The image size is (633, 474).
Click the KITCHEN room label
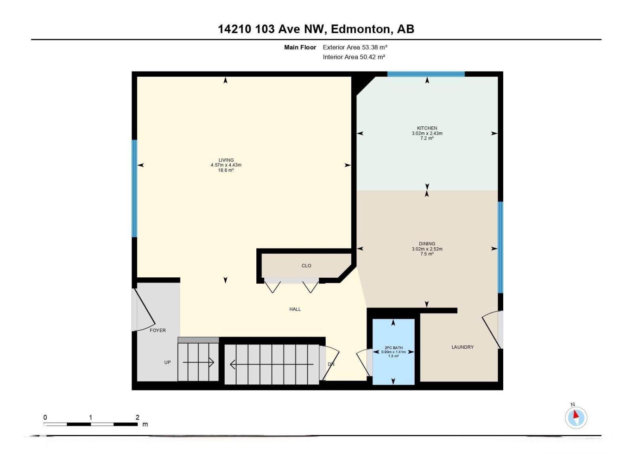point(427,128)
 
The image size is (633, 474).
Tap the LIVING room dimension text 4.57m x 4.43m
point(226,165)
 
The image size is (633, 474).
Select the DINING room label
point(427,244)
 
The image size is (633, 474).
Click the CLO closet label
point(306,266)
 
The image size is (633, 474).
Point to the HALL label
point(295,309)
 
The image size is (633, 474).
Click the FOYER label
point(157,330)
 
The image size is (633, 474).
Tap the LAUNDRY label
point(462,347)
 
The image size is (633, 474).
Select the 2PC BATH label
point(393,348)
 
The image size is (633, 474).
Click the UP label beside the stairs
point(167,362)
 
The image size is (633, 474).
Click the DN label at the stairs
point(331,364)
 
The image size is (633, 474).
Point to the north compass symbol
point(576,418)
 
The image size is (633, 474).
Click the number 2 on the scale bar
point(137,418)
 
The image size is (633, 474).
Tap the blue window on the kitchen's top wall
point(426,74)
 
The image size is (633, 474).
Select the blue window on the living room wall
point(135,188)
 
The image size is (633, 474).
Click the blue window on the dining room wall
point(500,247)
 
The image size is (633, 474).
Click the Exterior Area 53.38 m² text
point(354,47)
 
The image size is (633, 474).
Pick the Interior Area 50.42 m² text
point(354,57)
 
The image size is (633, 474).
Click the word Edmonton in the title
point(360,29)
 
